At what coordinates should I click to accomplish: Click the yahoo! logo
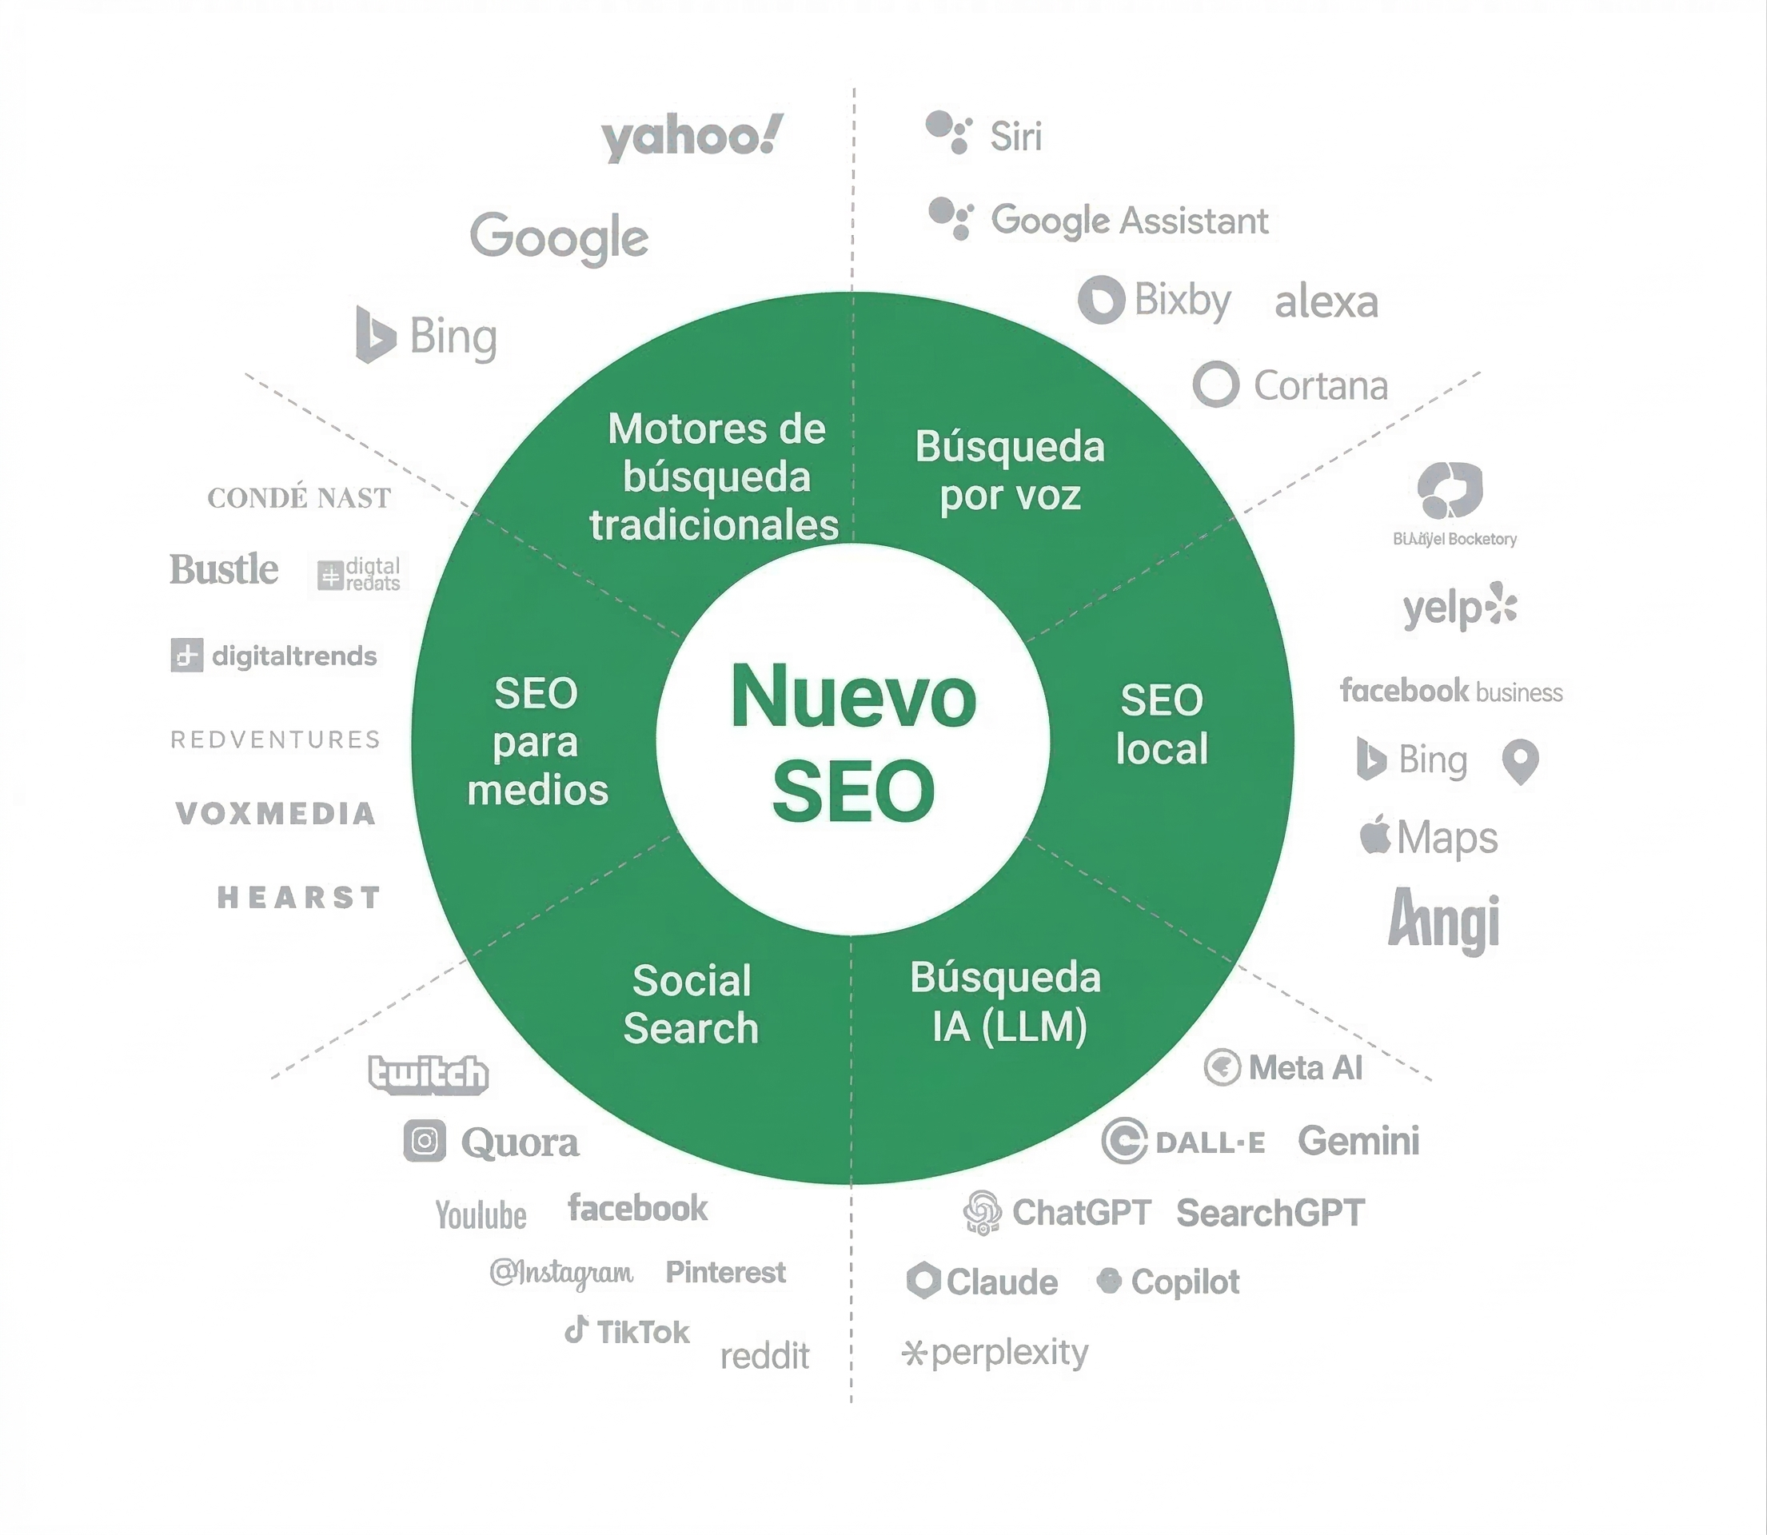tap(692, 137)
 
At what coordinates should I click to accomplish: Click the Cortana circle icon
tap(1215, 385)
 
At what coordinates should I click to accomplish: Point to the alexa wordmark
tap(1326, 301)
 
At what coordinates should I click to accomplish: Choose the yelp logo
tap(1459, 608)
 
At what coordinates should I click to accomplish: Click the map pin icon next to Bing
tap(1520, 760)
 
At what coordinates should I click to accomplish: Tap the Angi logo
tap(1443, 922)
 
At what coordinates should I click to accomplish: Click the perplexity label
tap(1009, 1353)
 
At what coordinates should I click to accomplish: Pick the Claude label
tap(1001, 1282)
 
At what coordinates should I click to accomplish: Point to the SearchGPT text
tap(1270, 1213)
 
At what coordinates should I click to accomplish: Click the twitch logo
tap(429, 1074)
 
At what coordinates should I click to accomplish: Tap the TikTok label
tap(641, 1332)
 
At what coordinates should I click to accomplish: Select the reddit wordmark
tap(764, 1356)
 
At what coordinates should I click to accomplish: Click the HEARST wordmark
tap(299, 898)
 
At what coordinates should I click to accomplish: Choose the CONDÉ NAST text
tap(299, 497)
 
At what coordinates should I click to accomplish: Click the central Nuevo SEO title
tap(853, 742)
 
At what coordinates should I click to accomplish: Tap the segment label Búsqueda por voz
tap(1010, 471)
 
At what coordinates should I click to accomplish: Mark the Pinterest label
tap(724, 1272)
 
